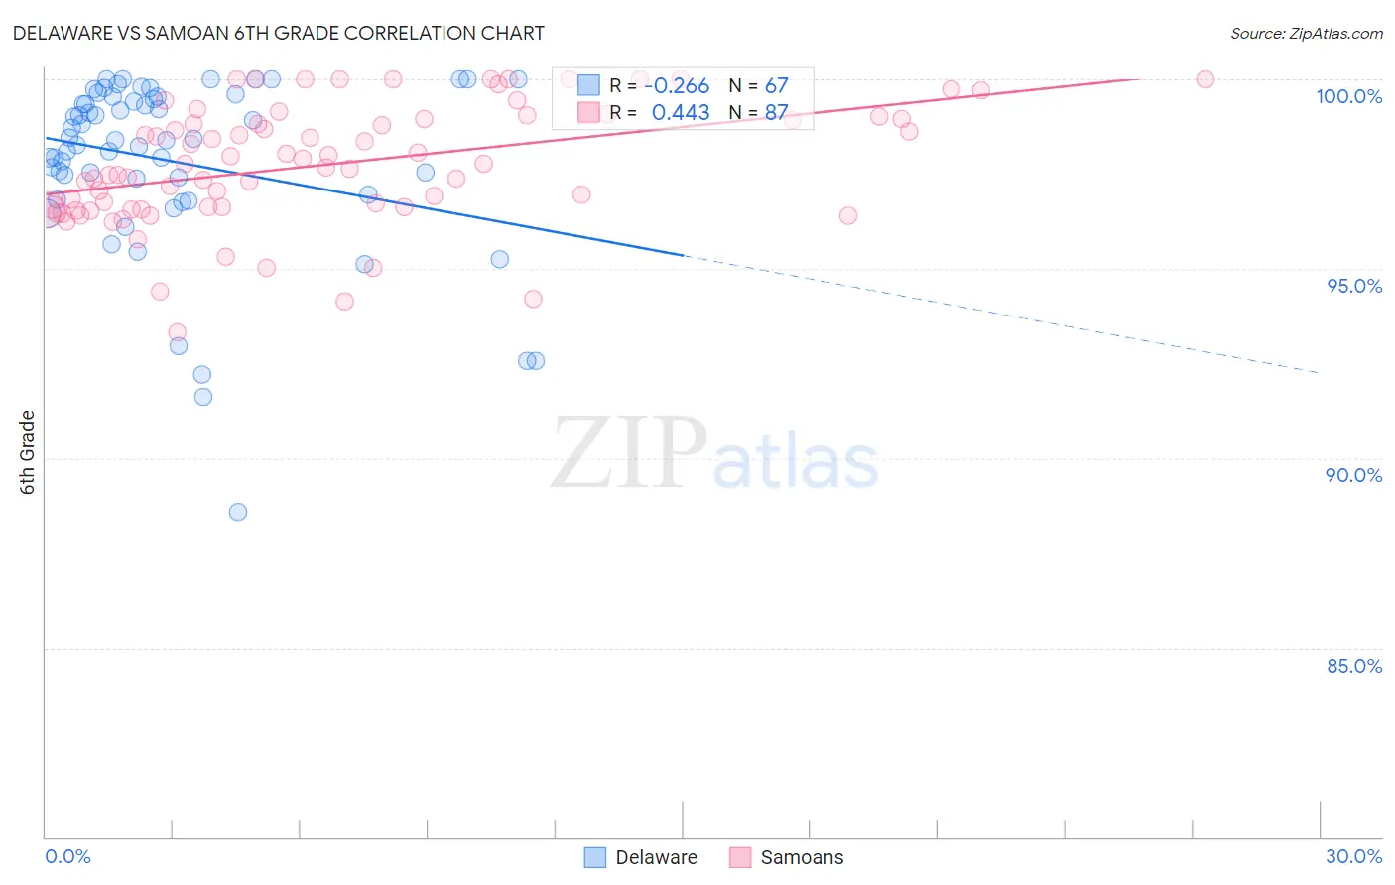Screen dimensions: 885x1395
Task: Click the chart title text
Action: (x=278, y=33)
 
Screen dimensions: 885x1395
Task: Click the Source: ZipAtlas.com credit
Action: (x=1306, y=33)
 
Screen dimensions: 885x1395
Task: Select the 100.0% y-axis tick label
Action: (x=1348, y=96)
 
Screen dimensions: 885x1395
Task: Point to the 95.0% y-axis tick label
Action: (x=1354, y=286)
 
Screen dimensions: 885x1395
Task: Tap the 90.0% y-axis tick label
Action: (x=1353, y=475)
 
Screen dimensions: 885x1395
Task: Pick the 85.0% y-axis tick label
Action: (x=1354, y=666)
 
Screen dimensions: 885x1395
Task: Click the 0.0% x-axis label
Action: (x=67, y=856)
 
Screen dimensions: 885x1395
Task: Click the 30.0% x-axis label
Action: (x=1353, y=856)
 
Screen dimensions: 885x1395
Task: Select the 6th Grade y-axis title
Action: (x=27, y=452)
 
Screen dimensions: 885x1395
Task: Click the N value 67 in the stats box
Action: (x=776, y=85)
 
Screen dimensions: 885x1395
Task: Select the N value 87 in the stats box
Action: (x=776, y=113)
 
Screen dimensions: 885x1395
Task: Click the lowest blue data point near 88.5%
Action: (x=238, y=512)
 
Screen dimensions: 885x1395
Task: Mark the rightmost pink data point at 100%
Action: (x=1205, y=79)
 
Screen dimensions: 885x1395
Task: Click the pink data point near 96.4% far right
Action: (x=848, y=215)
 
